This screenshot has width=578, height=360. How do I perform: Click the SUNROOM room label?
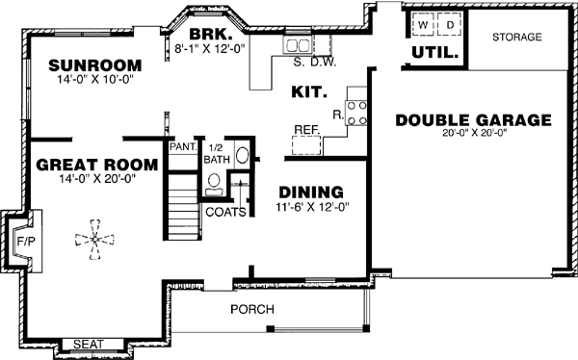pos(94,65)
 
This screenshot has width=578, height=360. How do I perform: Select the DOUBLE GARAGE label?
pos(473,120)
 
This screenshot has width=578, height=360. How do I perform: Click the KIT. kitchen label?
pos(309,93)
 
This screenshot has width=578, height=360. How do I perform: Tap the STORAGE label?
pos(516,38)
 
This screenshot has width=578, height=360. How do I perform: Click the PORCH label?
pos(252,309)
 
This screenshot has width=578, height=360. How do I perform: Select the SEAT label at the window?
pos(89,344)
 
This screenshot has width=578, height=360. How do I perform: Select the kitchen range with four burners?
pos(355,113)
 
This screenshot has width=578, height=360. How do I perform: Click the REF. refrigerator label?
pos(306,129)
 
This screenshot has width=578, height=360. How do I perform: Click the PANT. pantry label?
pos(182,147)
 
